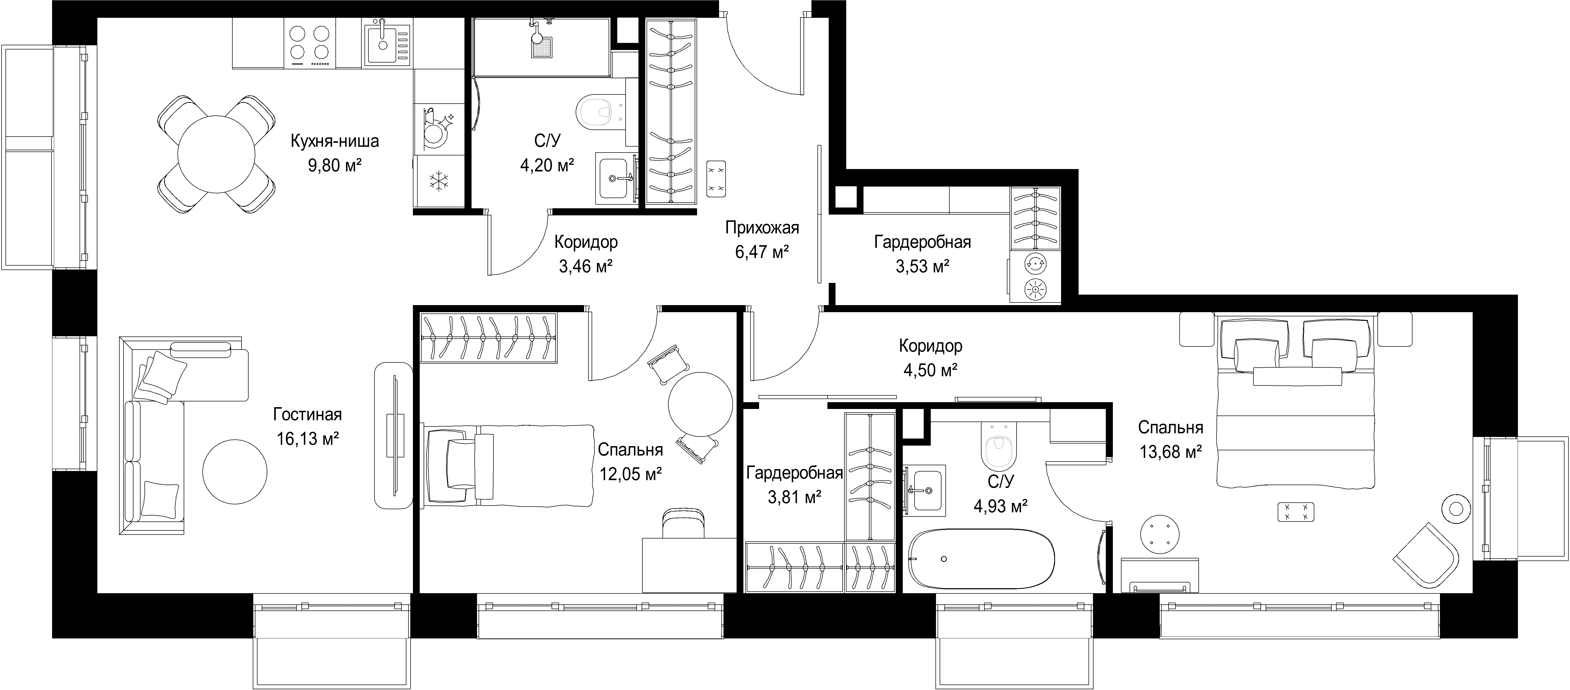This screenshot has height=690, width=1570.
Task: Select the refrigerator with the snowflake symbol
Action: tap(438, 182)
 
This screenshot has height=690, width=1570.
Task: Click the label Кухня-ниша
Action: tap(335, 141)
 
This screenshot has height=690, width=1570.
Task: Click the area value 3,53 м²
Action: tap(922, 266)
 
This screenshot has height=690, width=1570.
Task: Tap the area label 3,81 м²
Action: tap(794, 498)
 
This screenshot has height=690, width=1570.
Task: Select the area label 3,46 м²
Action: tap(586, 266)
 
